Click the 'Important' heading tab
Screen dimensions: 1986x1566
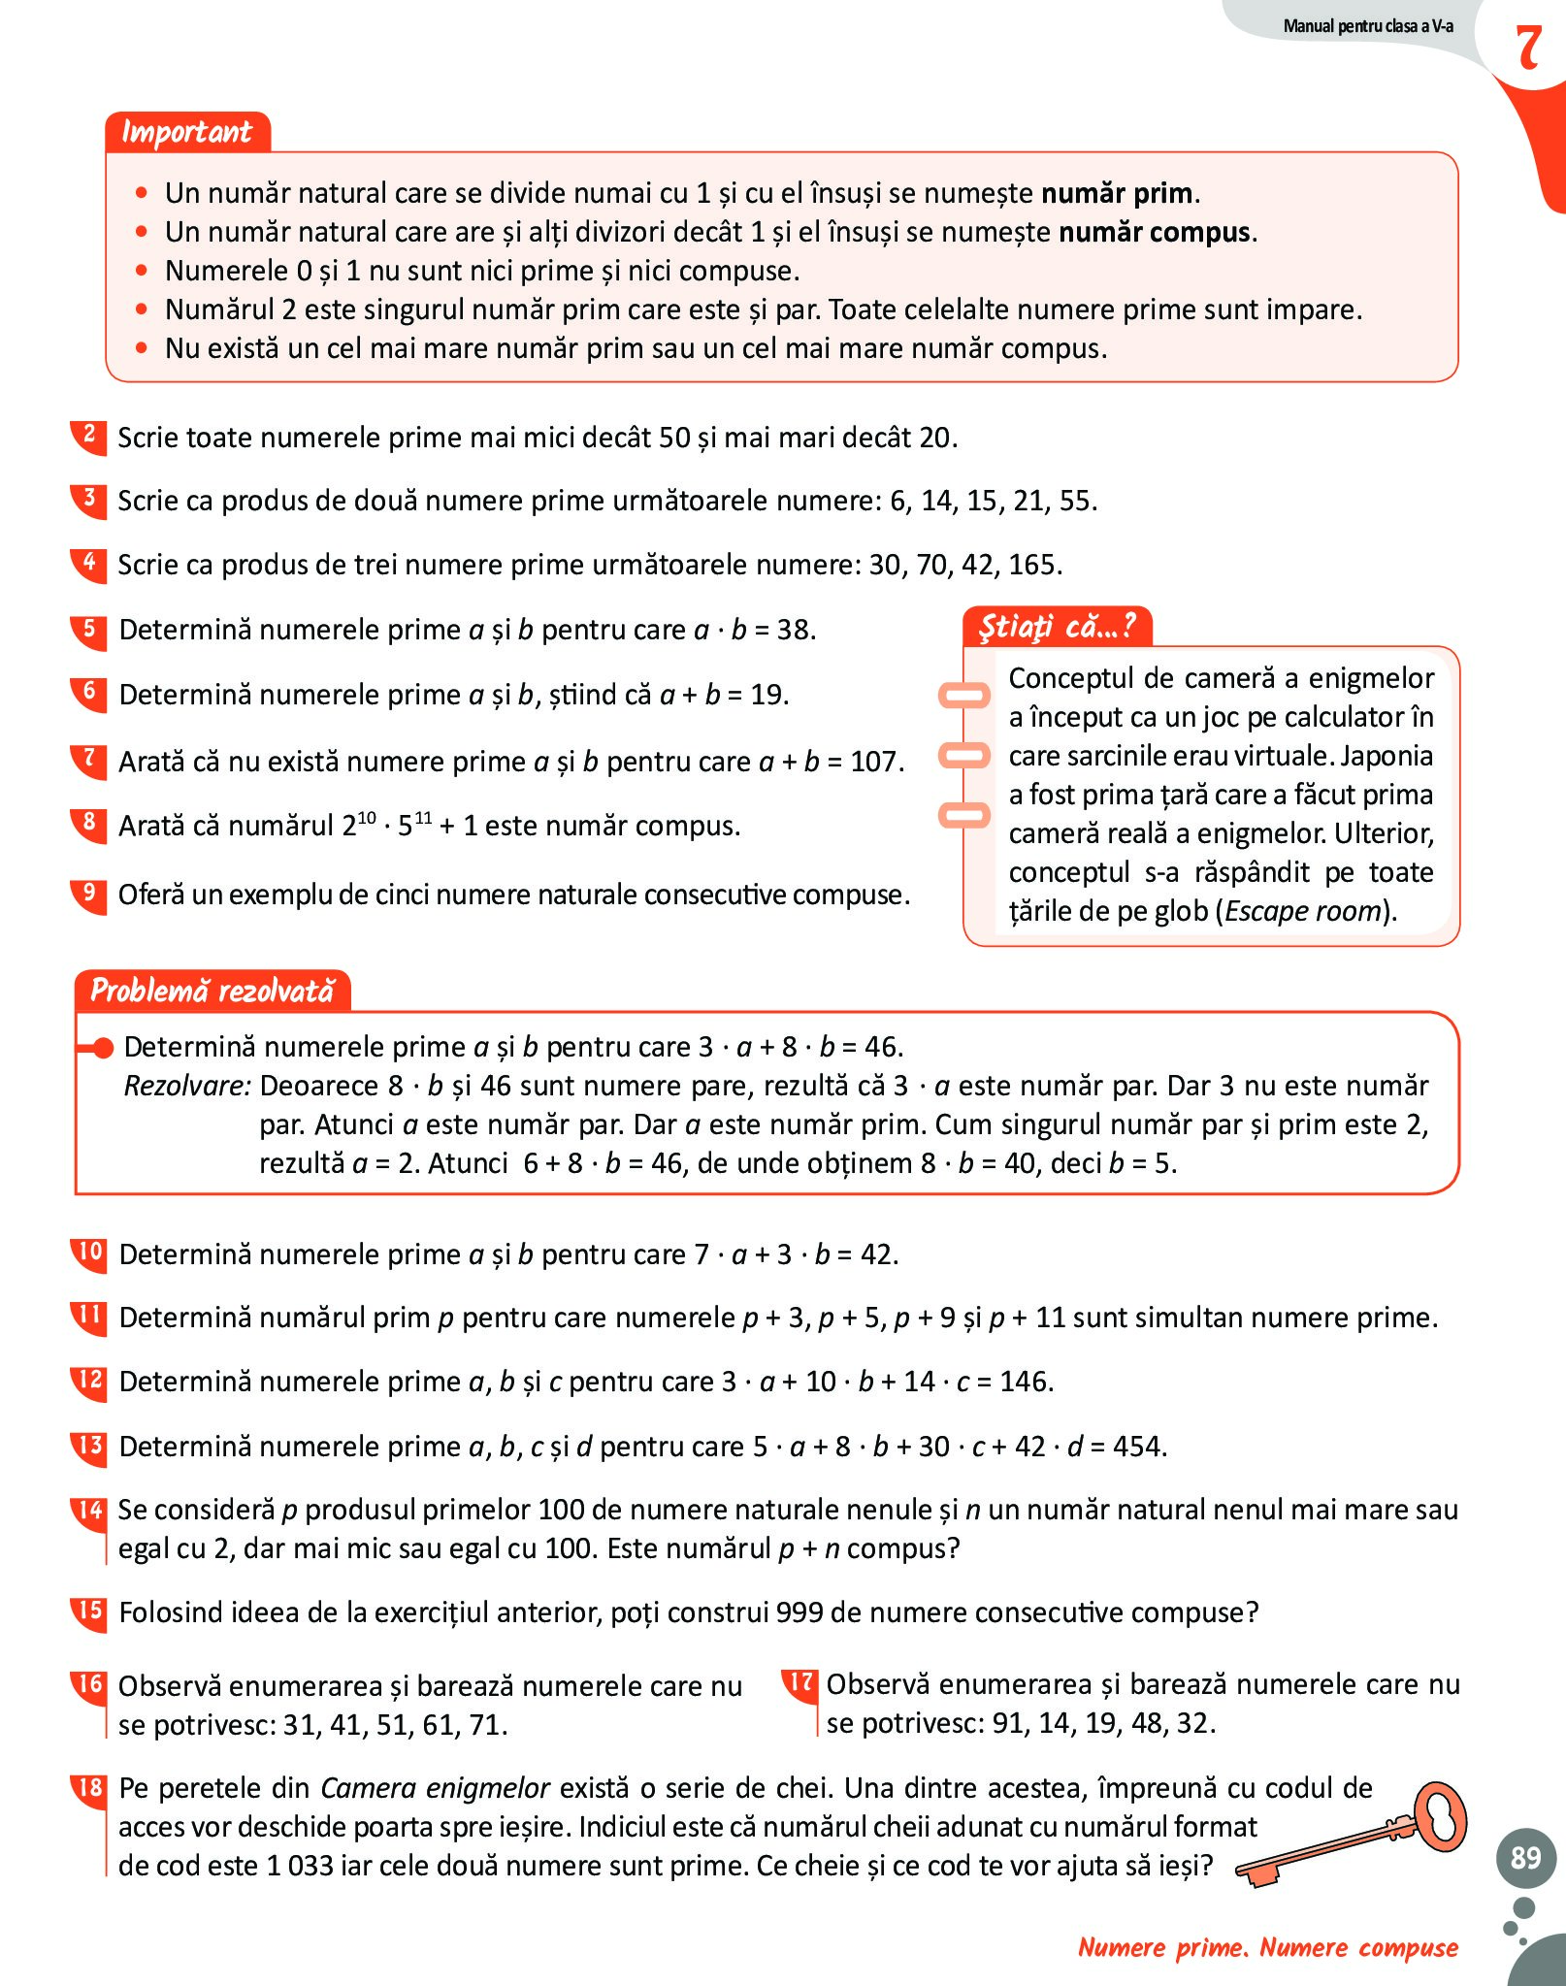[186, 132]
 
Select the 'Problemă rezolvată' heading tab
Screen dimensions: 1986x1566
[212, 991]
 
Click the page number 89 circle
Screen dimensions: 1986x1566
[1525, 1857]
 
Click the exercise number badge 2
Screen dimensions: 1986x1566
[88, 436]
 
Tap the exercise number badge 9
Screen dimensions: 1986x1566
[88, 893]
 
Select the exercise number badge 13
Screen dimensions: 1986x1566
[88, 1445]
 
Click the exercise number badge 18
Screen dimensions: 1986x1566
[88, 1787]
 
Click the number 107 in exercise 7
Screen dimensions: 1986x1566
[875, 762]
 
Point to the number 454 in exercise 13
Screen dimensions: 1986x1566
[1137, 1447]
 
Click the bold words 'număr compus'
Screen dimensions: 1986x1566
[1155, 233]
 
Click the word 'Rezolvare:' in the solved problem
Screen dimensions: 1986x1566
[187, 1086]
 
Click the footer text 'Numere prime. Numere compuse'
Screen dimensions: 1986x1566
[1268, 1947]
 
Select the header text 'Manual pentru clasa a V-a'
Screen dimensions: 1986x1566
[1368, 26]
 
